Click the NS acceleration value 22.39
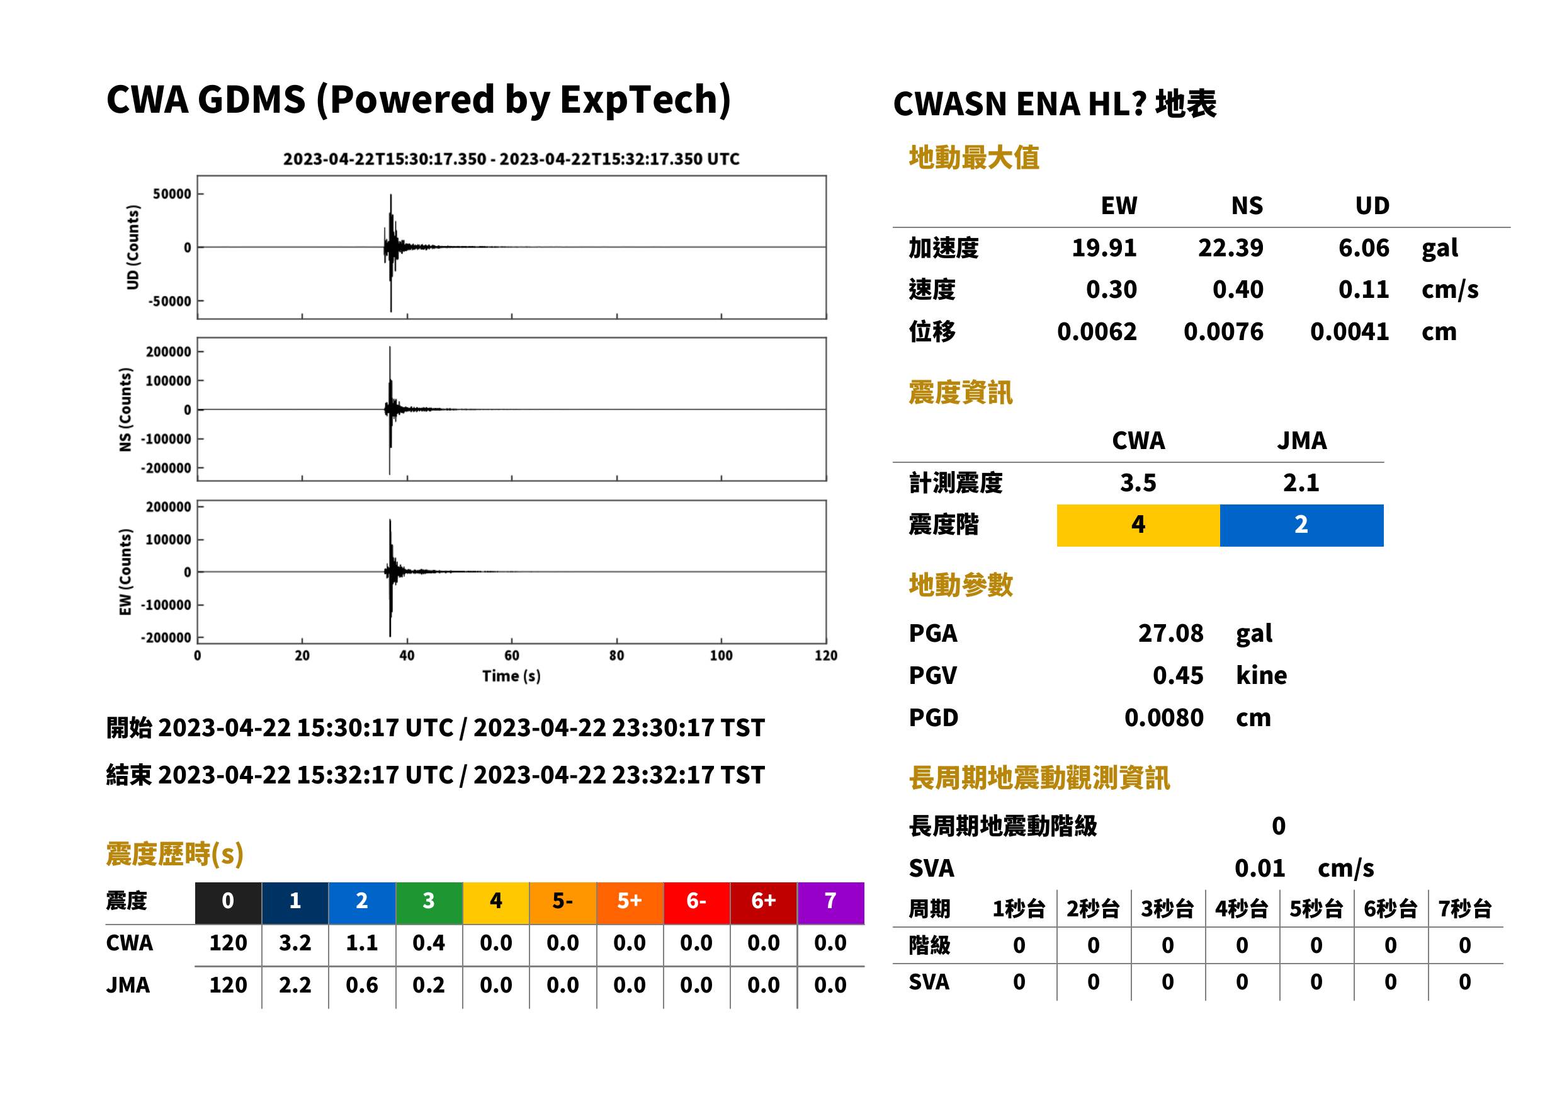1230,248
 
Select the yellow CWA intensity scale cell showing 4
1138,525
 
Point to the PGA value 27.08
1170,633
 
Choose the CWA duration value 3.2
295,943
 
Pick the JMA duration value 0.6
362,986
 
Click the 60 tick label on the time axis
512,656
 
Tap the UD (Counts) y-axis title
133,248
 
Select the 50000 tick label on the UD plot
172,194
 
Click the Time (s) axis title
511,676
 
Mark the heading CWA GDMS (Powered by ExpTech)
418,100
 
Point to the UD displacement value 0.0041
1349,332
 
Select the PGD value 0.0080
1163,718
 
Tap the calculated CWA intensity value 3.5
1138,483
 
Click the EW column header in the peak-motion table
1119,206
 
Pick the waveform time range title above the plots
511,159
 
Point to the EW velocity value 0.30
1111,290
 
